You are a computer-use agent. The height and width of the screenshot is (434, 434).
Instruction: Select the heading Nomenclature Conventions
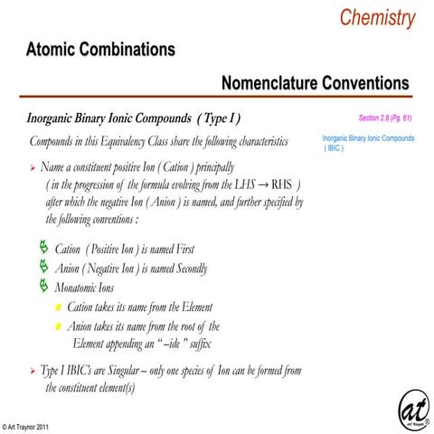[315, 84]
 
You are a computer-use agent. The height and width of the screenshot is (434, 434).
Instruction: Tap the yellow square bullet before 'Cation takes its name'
[59, 307]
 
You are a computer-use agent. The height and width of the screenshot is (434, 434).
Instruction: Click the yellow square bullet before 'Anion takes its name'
[59, 326]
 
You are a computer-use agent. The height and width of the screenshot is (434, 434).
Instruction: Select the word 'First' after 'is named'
[181, 249]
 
